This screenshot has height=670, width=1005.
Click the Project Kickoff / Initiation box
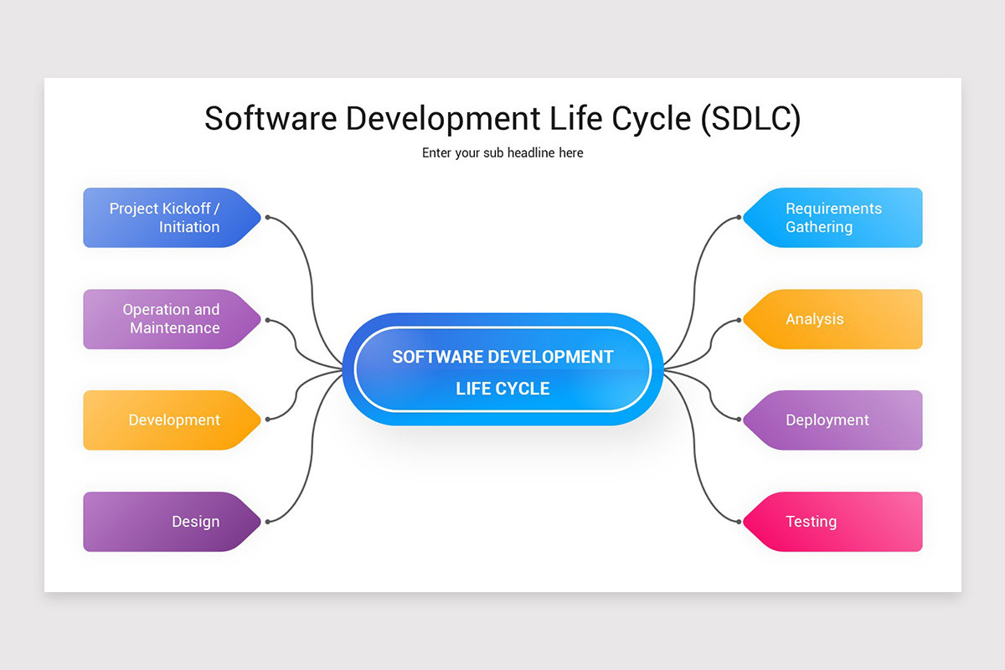pos(167,218)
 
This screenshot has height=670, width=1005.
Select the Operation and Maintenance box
pos(167,319)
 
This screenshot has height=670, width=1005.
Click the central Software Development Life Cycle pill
pos(502,369)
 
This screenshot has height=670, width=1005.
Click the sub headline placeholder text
pos(502,153)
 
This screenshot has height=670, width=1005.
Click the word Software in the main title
pos(271,118)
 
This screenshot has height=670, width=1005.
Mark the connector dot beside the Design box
pos(267,522)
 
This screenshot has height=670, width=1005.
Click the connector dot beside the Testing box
pos(740,522)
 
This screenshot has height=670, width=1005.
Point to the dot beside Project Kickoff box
pos(267,218)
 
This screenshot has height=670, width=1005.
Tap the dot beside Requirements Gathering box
pos(740,218)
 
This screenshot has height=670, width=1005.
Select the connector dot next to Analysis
pos(740,319)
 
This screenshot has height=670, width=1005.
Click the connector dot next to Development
pos(267,420)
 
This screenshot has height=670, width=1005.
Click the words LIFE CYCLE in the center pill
pos(502,389)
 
